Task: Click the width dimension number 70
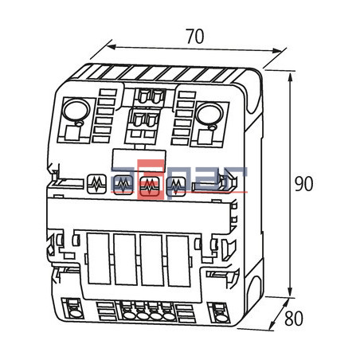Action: [194, 36]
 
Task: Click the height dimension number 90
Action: [303, 183]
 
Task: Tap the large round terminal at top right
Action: [208, 113]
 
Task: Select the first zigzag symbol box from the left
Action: [97, 185]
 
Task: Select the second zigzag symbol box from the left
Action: [123, 186]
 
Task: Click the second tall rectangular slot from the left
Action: [125, 259]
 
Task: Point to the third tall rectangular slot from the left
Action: [151, 260]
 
